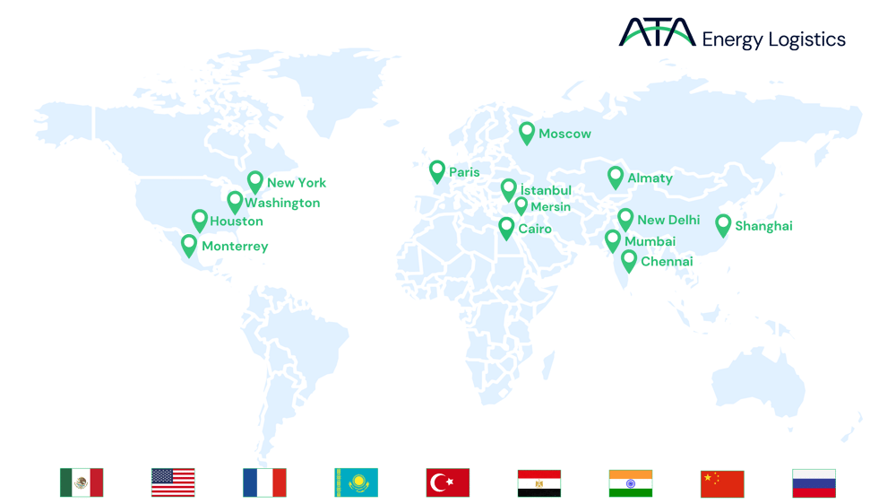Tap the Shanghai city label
[x=763, y=226]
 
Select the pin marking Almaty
[x=615, y=177]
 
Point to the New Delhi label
[x=668, y=220]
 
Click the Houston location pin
[x=199, y=220]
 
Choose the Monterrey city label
[x=235, y=246]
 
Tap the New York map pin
[x=255, y=181]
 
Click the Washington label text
[x=282, y=204]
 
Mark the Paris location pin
[x=437, y=170]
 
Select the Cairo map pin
[x=506, y=228]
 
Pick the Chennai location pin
[x=629, y=260]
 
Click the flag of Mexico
[x=82, y=482]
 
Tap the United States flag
[x=173, y=482]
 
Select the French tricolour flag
[x=264, y=482]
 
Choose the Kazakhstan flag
[x=357, y=482]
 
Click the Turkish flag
[x=448, y=482]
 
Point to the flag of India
[x=631, y=482]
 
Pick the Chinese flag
[x=722, y=482]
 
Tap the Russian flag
[x=814, y=482]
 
